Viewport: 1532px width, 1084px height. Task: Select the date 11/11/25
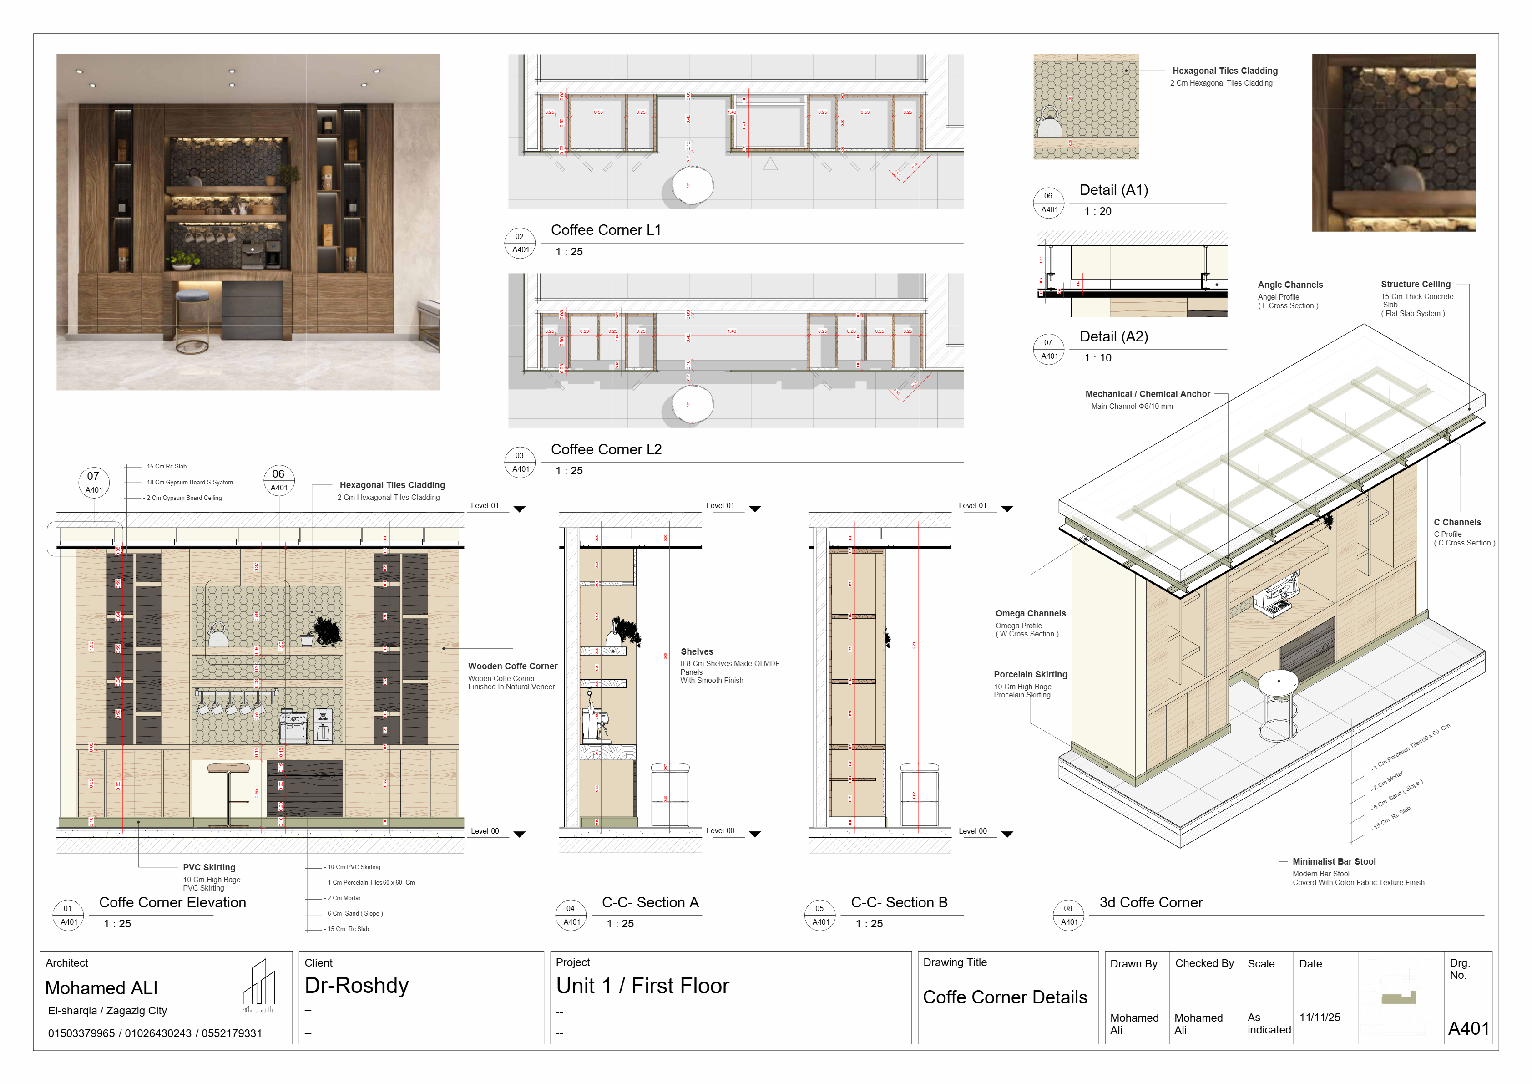[1319, 1017]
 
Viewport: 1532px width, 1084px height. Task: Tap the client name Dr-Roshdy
[356, 985]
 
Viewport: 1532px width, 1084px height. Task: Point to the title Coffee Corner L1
[605, 230]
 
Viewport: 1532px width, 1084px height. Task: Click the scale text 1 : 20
[1097, 211]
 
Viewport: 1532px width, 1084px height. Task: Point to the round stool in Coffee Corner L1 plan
[692, 185]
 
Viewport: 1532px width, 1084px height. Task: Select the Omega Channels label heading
[1030, 613]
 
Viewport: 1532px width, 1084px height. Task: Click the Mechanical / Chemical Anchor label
[1147, 394]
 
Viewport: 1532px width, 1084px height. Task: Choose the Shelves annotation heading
[697, 651]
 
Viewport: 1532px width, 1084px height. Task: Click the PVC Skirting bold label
[209, 867]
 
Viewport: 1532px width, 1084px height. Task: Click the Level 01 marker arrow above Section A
[755, 509]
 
